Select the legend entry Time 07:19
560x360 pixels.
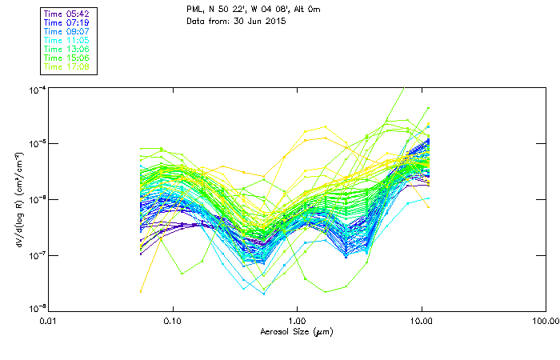pos(68,23)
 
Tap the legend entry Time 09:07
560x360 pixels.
pos(68,32)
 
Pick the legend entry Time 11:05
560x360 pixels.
pos(68,41)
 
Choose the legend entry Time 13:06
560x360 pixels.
pos(68,50)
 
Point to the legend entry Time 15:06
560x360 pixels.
pos(68,58)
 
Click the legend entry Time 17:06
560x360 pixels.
pos(68,67)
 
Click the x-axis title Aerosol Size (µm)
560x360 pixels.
pos(297,330)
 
